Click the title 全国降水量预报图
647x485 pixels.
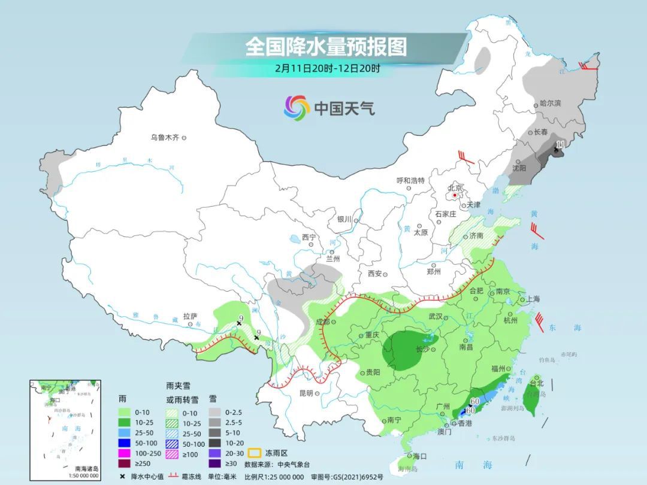[x=326, y=47]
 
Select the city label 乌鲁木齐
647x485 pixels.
[x=165, y=138]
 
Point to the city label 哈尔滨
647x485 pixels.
[x=550, y=104]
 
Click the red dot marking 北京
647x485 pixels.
[x=455, y=195]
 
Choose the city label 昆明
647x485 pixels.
[x=306, y=393]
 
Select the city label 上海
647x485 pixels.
[x=533, y=299]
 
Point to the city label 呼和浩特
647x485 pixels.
[x=410, y=180]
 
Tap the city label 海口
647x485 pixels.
[x=420, y=456]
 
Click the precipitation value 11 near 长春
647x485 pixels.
[x=560, y=144]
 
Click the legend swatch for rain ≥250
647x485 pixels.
[x=125, y=463]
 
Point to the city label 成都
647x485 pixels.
[x=322, y=322]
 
